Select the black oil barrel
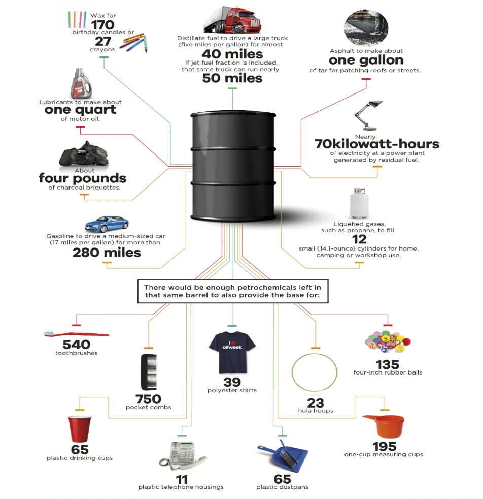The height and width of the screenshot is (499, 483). coord(234,165)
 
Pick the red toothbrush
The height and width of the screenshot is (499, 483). coord(76,334)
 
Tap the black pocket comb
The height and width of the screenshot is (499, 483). coord(148,372)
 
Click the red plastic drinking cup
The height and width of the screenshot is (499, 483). coord(80,428)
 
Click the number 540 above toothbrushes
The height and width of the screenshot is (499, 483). coord(76,345)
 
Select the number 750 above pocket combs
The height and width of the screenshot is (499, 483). coord(148,399)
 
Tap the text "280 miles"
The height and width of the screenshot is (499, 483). coord(107,253)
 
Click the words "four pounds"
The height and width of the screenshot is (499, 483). coord(83,179)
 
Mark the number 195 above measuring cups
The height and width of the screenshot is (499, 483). coord(384,446)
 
